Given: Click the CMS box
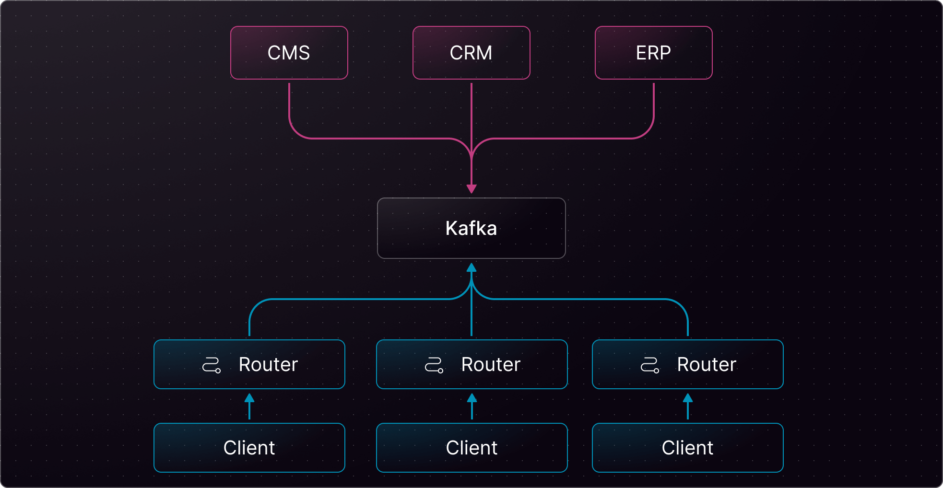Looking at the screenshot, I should point(289,53).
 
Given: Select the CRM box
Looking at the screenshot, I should point(471,53).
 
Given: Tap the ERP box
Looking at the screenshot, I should point(653,53).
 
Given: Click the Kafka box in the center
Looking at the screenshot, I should point(471,228).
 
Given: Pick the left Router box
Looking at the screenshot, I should point(249,364).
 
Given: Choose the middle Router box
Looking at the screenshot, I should point(471,364).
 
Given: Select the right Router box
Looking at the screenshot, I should point(687,364).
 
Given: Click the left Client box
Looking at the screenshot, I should point(249,448).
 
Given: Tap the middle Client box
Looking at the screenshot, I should point(471,448).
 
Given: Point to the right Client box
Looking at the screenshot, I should point(687,448).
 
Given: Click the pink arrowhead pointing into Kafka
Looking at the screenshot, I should point(471,188).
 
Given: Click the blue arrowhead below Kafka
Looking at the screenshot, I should point(471,267).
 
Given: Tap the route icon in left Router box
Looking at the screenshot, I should point(212,365).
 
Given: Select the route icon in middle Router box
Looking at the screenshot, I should point(434,365).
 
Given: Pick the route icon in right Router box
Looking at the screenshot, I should point(650,365).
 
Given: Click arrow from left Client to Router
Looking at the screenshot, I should point(249,407).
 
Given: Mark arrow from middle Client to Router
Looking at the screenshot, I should point(472,407).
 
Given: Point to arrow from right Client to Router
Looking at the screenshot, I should point(688,407).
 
